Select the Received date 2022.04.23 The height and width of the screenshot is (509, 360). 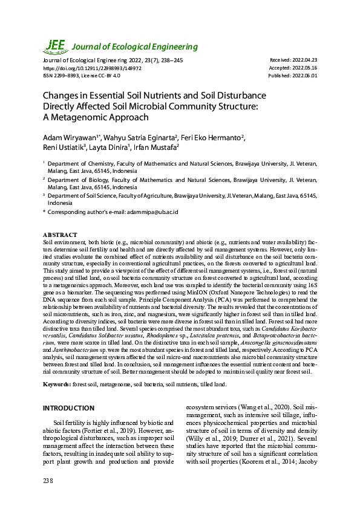pos(306,61)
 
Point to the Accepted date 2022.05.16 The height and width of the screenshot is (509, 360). pos(306,68)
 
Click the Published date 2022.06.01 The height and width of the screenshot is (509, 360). pos(306,76)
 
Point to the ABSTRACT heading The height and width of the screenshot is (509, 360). pos(60,235)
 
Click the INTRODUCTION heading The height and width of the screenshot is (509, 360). pos(68,409)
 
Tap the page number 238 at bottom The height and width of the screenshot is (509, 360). pos(48,481)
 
